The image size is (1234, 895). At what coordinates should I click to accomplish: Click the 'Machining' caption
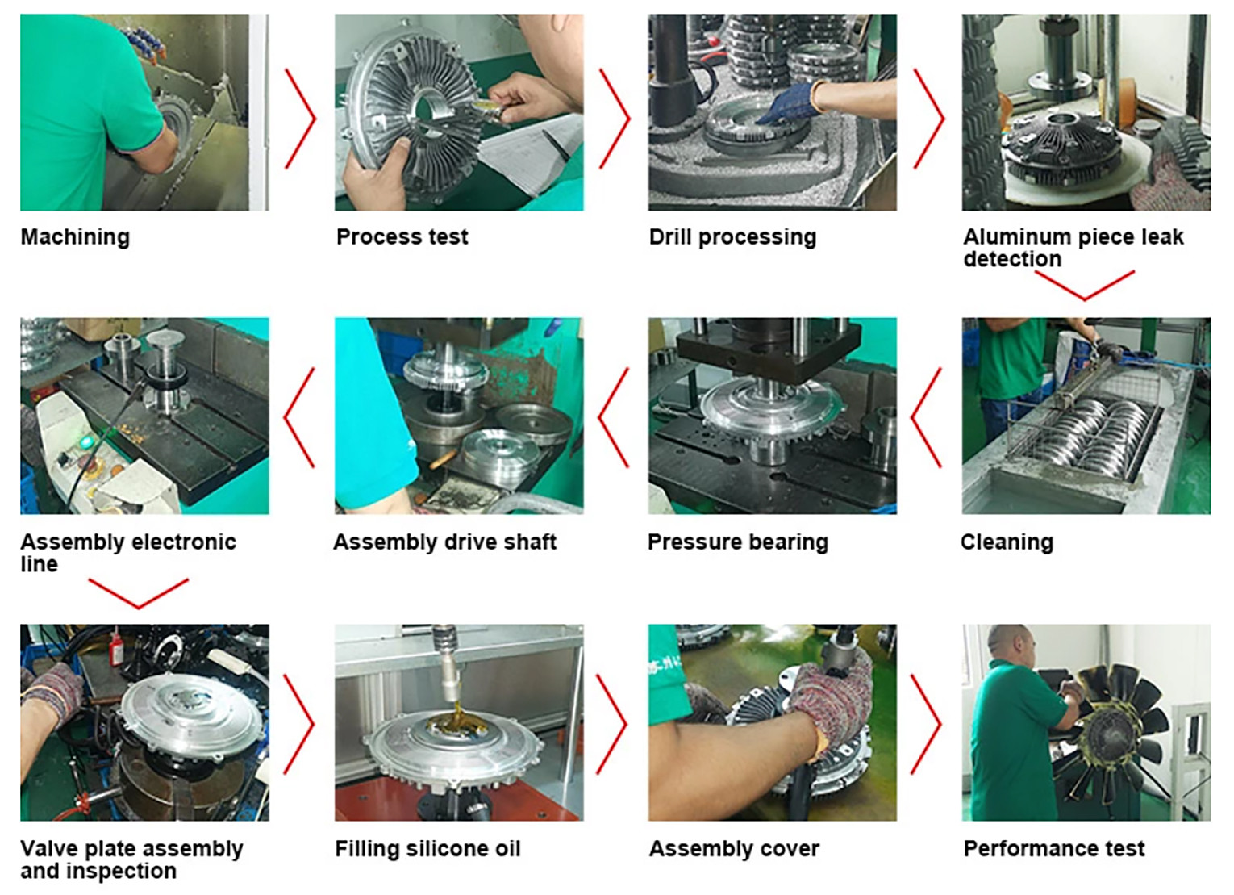click(76, 237)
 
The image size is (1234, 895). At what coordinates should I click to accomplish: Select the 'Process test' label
click(402, 237)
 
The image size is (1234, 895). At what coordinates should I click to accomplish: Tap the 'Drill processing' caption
click(732, 237)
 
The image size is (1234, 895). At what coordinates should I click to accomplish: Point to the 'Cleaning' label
click(1007, 542)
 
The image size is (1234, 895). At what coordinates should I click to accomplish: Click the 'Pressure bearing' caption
click(738, 542)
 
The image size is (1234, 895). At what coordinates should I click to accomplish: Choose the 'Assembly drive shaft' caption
click(445, 542)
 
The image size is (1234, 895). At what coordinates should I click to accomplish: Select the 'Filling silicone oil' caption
click(428, 849)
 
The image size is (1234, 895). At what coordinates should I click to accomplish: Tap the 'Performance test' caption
click(1054, 849)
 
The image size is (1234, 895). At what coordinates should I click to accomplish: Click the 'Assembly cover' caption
click(734, 849)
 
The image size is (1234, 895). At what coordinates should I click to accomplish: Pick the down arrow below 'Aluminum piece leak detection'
click(1085, 286)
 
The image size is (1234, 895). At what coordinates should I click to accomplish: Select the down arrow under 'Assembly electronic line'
click(138, 594)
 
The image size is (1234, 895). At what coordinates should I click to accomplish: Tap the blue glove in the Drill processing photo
click(788, 103)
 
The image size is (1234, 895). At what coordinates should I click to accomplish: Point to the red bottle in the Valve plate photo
click(115, 646)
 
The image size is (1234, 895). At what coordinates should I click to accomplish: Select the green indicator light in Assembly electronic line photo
click(85, 442)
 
